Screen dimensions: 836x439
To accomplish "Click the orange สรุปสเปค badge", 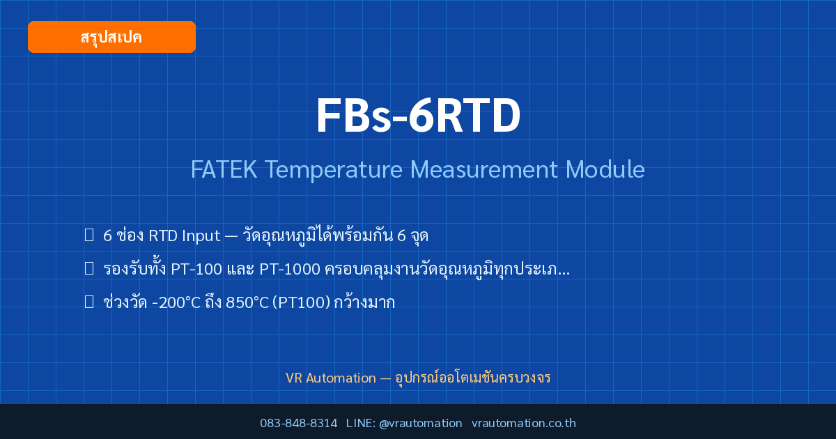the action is tap(111, 37).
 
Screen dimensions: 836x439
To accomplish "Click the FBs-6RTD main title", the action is tap(418, 116).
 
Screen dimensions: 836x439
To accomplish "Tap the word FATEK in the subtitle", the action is tap(224, 169).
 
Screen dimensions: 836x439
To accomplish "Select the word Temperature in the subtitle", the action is tap(334, 170).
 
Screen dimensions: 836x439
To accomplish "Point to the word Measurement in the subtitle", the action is tap(484, 169).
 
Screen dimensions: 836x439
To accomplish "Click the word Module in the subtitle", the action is tap(605, 169).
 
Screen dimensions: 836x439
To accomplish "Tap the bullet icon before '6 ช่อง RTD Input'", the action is tap(89, 236).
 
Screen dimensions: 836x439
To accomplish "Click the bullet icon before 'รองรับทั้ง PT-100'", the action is tap(89, 268).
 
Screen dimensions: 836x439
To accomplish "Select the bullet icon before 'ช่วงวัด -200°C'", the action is tap(89, 302).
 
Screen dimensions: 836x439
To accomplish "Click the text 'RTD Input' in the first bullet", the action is tap(185, 236).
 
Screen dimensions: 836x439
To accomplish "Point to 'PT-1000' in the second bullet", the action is tap(290, 269).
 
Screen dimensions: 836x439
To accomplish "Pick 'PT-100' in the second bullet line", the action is tap(196, 269).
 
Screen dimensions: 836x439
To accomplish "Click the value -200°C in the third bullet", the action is tap(176, 302).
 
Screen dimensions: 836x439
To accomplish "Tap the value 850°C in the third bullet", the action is tap(247, 302).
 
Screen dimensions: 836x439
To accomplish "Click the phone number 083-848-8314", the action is tap(299, 424).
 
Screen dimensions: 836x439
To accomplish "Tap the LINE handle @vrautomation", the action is tap(421, 424).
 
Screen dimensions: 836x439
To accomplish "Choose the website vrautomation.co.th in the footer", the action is tap(524, 424).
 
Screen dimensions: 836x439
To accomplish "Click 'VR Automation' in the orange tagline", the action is tap(331, 378).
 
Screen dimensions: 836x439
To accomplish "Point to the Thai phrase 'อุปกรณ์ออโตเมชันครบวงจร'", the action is tap(473, 378).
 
